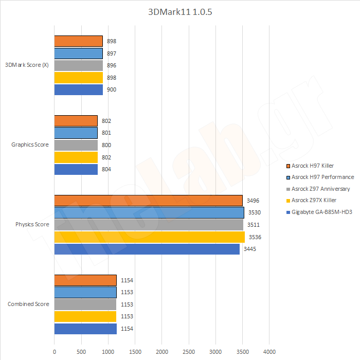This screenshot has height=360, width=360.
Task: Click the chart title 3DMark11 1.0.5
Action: coord(180,12)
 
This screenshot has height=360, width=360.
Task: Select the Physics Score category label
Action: coord(32,224)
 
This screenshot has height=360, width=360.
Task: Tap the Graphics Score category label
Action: coord(30,145)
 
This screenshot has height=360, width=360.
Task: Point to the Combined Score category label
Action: coord(28,304)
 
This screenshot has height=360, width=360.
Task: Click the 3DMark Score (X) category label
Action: coord(27,65)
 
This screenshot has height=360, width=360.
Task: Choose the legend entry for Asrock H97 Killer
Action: coord(312,166)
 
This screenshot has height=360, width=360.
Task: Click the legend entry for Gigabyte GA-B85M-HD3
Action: coord(321,212)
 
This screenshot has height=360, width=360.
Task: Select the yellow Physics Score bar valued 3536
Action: coord(149,237)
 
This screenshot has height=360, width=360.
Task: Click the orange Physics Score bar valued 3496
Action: coord(148,201)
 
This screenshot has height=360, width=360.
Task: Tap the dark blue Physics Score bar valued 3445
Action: coord(147,249)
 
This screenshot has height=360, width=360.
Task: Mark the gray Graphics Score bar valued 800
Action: coord(76,145)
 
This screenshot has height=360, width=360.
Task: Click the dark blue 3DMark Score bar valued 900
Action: coord(78,89)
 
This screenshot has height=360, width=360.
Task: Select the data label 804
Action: coord(106,169)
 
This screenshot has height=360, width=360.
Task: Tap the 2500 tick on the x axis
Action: coord(189,352)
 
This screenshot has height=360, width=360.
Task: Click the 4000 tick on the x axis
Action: coord(269,352)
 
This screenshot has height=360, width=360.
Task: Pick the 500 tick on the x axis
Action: coord(81,352)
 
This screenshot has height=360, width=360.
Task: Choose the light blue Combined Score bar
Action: coord(85,292)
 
